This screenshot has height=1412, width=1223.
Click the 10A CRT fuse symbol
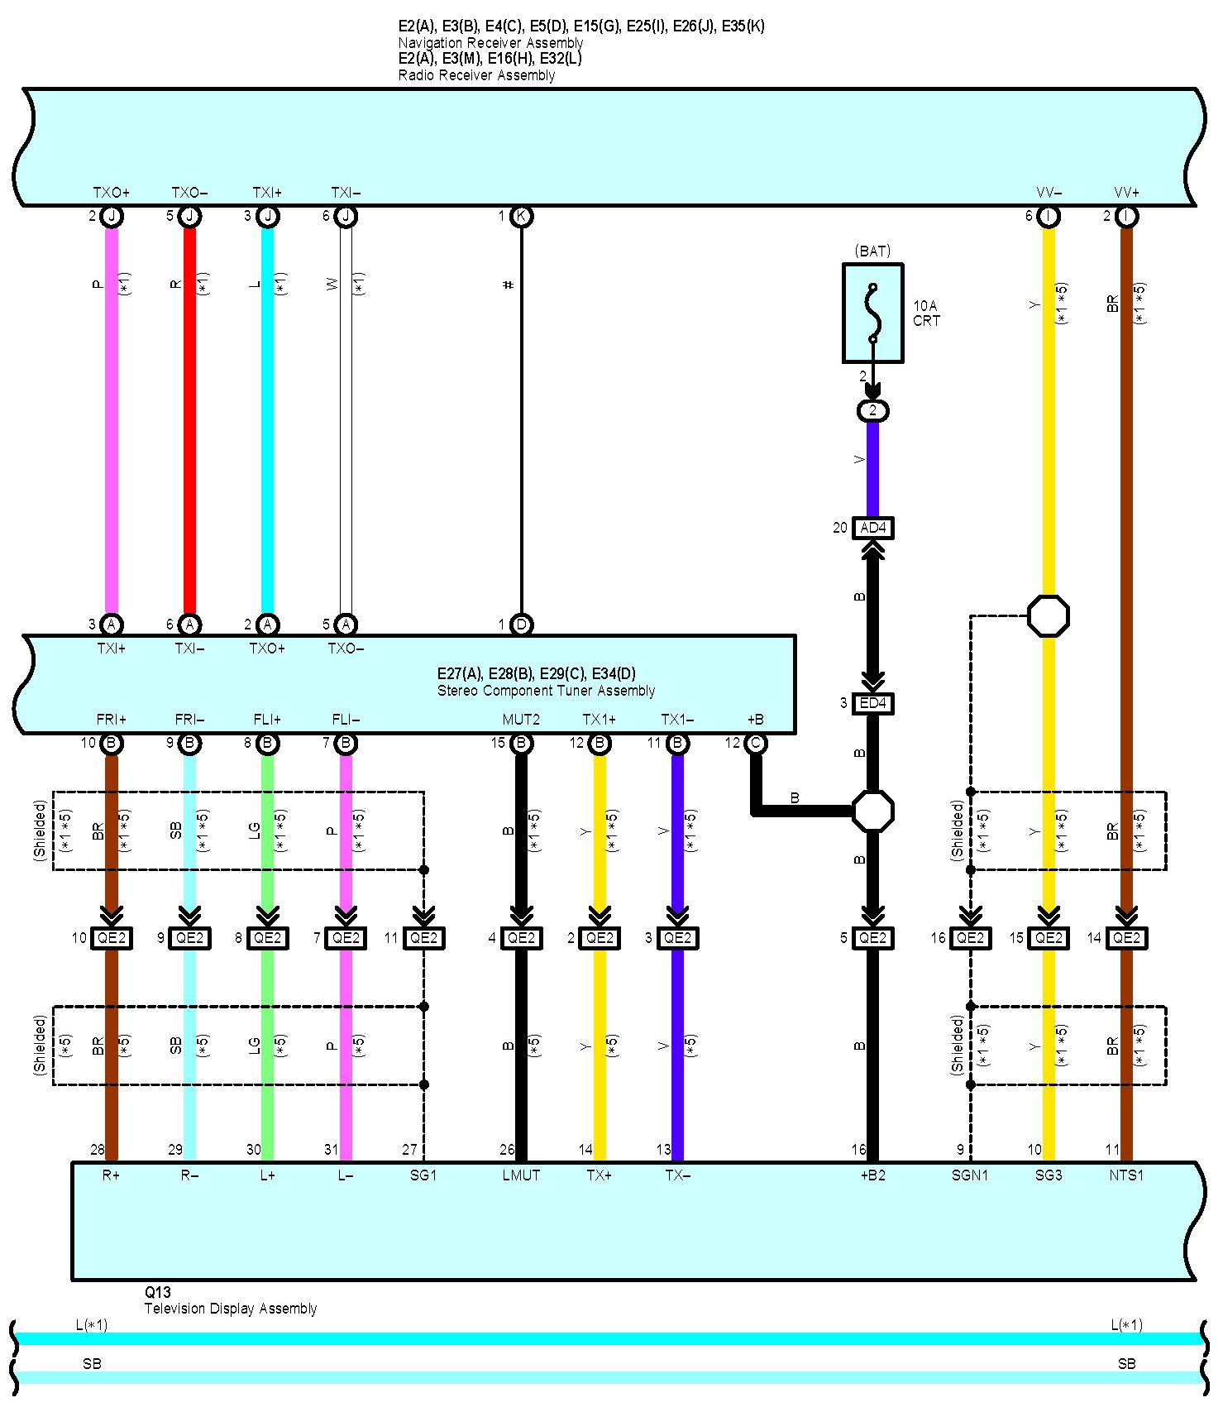click(872, 313)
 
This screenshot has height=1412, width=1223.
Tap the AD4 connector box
click(872, 528)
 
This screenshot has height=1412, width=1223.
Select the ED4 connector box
click(872, 703)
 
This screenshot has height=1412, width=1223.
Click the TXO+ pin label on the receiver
click(111, 193)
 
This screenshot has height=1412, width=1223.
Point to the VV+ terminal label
click(1126, 193)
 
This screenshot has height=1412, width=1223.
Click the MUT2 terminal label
click(521, 720)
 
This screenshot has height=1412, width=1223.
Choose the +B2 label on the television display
click(872, 1175)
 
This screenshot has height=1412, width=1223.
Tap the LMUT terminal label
click(521, 1175)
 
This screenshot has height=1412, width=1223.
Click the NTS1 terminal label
click(1126, 1175)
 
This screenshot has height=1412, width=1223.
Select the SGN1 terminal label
click(970, 1175)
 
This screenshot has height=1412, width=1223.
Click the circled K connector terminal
click(521, 217)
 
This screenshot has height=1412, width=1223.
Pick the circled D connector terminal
click(521, 625)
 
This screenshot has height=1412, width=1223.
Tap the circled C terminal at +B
click(755, 743)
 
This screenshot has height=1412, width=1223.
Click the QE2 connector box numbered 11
click(423, 938)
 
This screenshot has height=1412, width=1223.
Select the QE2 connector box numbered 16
click(970, 938)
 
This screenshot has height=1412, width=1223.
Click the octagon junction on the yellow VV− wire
click(1048, 616)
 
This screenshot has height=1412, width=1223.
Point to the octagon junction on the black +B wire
click(872, 811)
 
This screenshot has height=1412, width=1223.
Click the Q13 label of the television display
click(158, 1293)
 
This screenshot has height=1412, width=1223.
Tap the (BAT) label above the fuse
click(872, 251)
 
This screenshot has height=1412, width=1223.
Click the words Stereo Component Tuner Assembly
click(546, 691)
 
